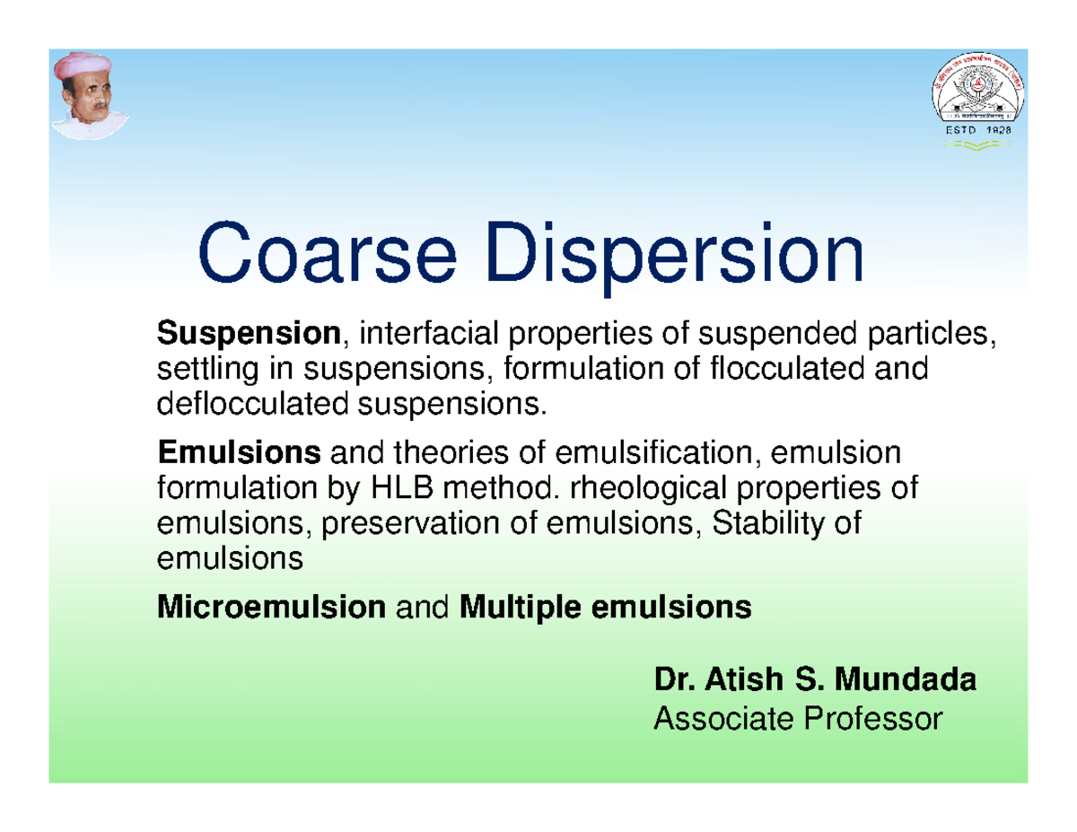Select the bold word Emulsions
[239, 455]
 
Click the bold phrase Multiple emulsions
[605, 609]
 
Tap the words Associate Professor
[799, 718]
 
